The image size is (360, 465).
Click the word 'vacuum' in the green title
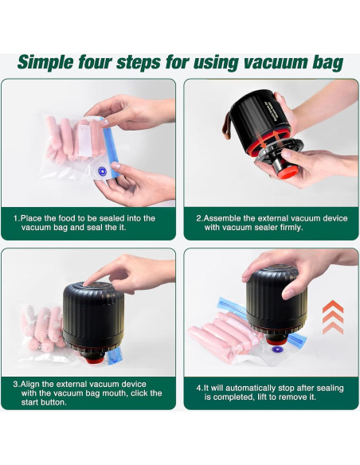[x=272, y=63]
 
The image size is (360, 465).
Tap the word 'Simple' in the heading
[x=45, y=63]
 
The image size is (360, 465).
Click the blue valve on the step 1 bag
[x=102, y=171]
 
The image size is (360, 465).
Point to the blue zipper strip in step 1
[x=110, y=147]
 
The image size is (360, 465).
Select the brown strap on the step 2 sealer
[x=228, y=127]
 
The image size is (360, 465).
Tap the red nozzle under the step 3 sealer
[x=95, y=360]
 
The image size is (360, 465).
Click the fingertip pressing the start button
[x=88, y=283]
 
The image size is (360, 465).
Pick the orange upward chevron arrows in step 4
[x=333, y=317]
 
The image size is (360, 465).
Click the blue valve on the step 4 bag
[x=277, y=350]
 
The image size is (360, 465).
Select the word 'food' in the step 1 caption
[x=67, y=218]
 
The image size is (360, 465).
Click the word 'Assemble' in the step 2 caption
[x=222, y=218]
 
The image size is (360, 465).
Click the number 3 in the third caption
[x=15, y=384]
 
